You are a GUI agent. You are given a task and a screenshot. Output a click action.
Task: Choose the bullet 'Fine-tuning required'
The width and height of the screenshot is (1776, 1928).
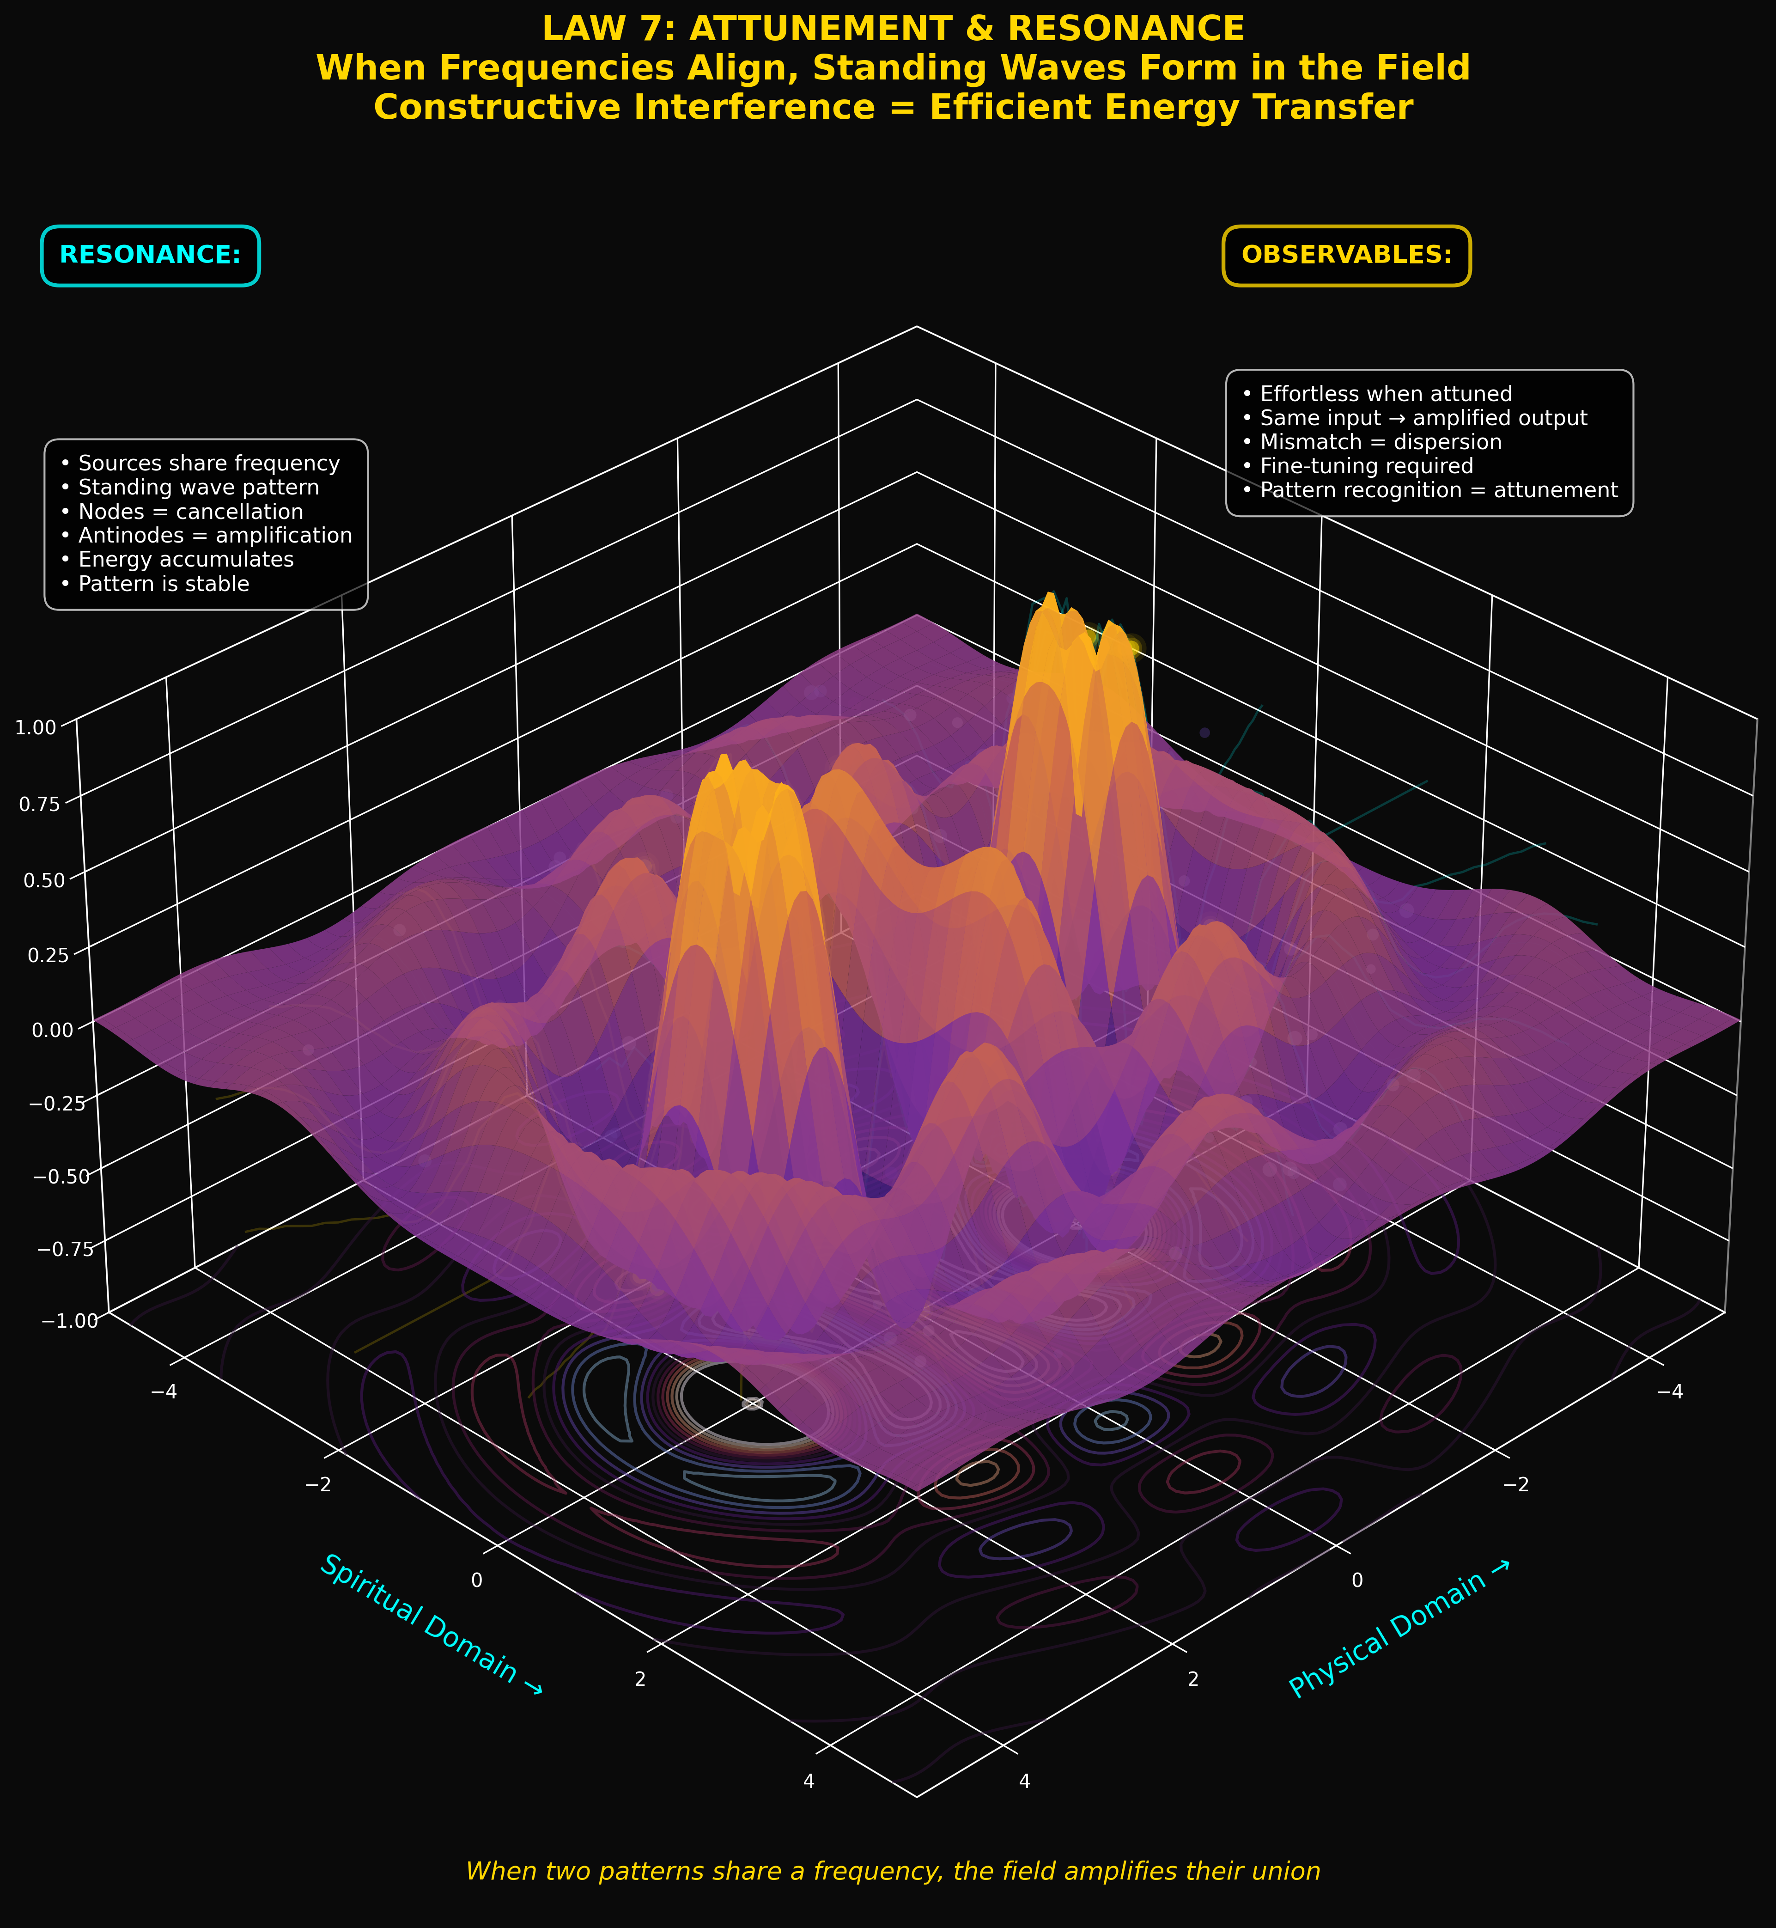pyautogui.click(x=1366, y=466)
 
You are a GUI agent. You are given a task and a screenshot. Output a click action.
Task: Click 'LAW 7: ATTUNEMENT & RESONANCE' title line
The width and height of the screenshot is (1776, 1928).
pyautogui.click(x=893, y=29)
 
